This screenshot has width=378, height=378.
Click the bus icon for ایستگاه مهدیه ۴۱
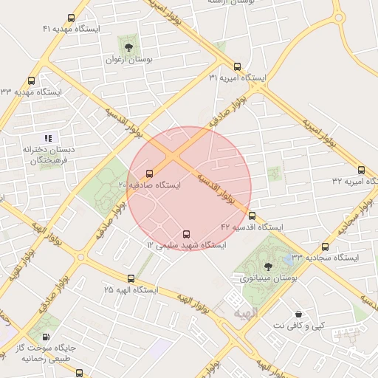click(71, 18)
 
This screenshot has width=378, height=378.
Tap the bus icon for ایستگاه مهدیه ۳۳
click(31, 81)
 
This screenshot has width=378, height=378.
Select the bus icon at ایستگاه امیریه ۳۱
click(238, 66)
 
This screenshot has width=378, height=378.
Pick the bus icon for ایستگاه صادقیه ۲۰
click(150, 174)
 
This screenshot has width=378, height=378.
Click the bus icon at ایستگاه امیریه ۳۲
click(361, 170)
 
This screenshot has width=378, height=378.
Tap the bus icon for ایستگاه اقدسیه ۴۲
click(252, 216)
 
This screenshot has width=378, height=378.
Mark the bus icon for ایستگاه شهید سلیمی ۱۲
click(185, 233)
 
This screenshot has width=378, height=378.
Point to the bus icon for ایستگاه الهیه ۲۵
click(131, 279)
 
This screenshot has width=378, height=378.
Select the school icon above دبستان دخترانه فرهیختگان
click(48, 138)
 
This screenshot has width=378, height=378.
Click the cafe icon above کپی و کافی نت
click(298, 314)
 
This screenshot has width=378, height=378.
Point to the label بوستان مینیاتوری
click(267, 278)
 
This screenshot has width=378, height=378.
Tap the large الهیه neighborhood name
click(246, 314)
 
